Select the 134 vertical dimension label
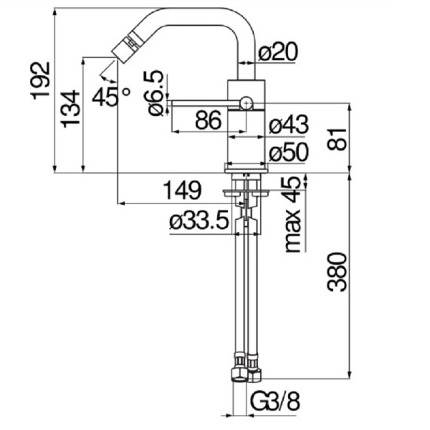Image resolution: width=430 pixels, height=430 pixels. point(69,108)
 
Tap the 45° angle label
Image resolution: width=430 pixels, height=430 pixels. point(111,95)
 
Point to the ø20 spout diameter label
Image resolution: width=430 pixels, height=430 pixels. point(278,52)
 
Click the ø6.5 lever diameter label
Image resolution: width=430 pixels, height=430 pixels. point(153,92)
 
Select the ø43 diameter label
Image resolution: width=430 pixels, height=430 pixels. point(289,125)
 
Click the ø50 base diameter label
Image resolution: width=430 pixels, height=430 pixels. point(289,152)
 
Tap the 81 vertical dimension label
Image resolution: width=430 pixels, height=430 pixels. point(335,137)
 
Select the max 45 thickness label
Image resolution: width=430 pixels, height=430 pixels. point(292,215)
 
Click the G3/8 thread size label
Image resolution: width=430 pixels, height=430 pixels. point(275,402)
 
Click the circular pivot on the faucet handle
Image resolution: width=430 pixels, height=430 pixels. point(247,102)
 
